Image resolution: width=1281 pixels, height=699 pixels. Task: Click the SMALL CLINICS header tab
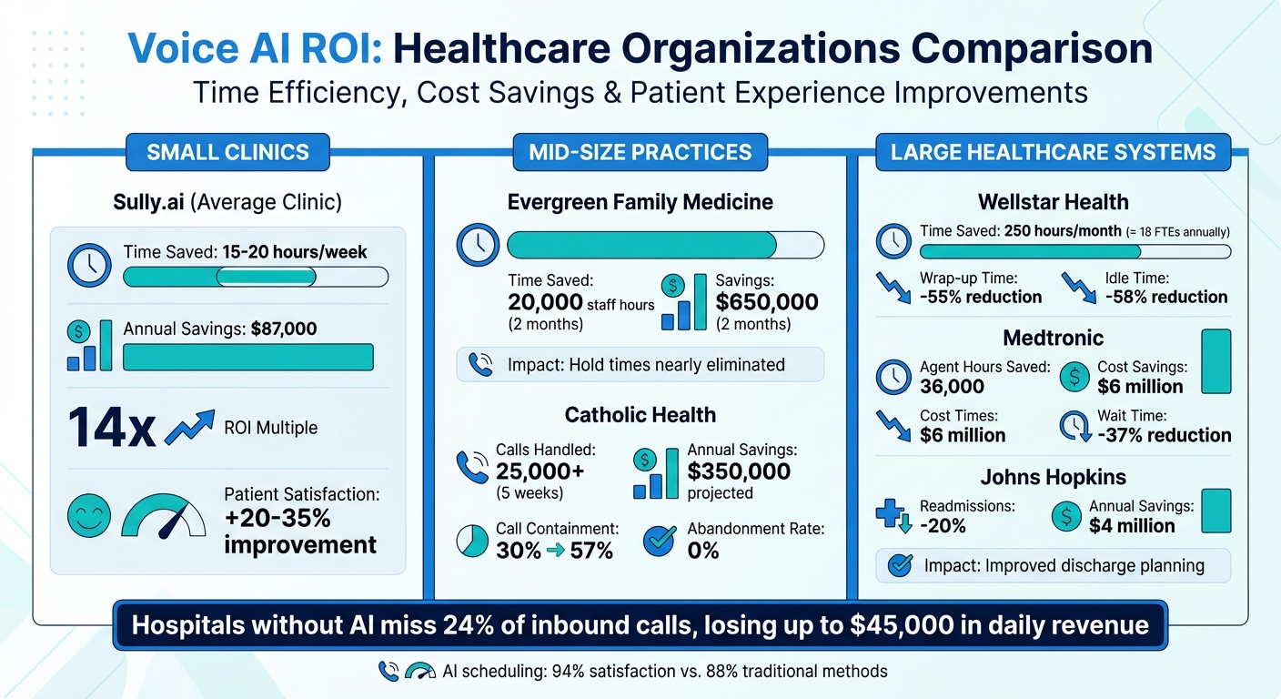pyautogui.click(x=227, y=152)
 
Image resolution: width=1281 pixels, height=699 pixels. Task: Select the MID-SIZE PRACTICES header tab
pyautogui.click(x=640, y=152)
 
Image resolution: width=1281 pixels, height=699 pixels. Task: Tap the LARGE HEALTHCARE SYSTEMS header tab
pyautogui.click(x=1053, y=152)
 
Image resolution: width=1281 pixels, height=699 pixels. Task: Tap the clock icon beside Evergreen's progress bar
pyautogui.click(x=478, y=245)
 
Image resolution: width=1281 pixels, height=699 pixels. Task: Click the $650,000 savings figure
pyautogui.click(x=767, y=302)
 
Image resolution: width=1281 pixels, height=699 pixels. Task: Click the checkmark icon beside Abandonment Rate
pyautogui.click(x=660, y=541)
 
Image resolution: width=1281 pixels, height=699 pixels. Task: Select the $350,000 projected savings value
pyautogui.click(x=739, y=471)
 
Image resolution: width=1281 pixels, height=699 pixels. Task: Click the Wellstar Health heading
pyautogui.click(x=1053, y=202)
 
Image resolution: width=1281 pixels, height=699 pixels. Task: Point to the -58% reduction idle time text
pyautogui.click(x=1165, y=297)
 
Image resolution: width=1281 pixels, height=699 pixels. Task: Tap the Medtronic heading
pyautogui.click(x=1053, y=339)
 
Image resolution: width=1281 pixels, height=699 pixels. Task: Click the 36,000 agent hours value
pyautogui.click(x=952, y=387)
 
